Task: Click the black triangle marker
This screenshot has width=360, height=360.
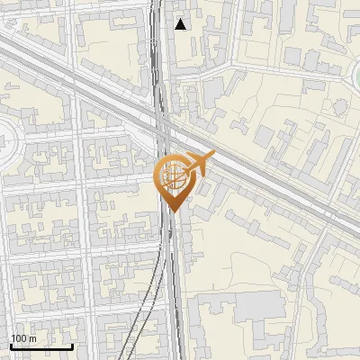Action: pyautogui.click(x=181, y=24)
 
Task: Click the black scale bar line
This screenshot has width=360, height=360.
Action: pyautogui.click(x=41, y=346)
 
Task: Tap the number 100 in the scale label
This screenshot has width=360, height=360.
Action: pyautogui.click(x=19, y=337)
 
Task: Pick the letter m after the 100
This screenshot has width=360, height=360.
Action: pyautogui.click(x=32, y=337)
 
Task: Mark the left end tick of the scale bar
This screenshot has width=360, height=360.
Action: pyautogui.click(x=11, y=345)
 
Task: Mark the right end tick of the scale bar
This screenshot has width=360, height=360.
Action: pyautogui.click(x=72, y=345)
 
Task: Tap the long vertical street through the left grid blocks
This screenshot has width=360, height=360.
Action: pyautogui.click(x=81, y=225)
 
